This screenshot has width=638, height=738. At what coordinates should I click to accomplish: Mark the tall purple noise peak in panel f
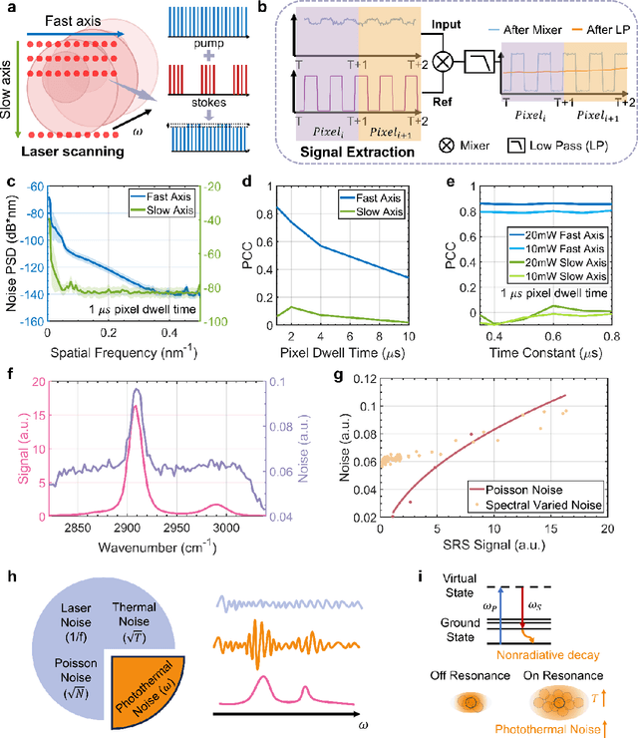coord(137,391)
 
